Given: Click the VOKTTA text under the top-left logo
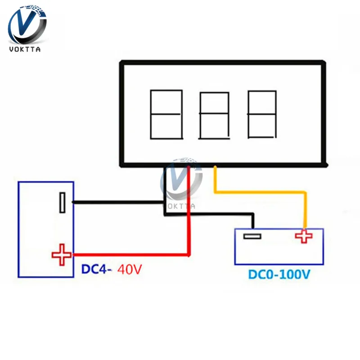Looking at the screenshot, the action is (25, 49).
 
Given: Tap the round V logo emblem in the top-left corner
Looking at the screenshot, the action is (27, 25).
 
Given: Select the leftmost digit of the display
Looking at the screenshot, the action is (166, 114).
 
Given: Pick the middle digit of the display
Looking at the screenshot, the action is (214, 116).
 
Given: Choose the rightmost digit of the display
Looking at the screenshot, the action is (262, 114).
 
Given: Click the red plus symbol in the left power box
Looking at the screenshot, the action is (62, 255).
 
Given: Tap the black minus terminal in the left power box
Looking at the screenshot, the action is (62, 202).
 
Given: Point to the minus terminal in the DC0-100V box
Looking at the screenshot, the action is (252, 236).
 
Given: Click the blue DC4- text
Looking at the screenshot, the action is (96, 269).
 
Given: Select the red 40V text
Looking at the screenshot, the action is (130, 269).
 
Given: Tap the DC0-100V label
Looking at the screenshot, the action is (279, 274).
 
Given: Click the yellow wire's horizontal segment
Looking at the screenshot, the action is (260, 192).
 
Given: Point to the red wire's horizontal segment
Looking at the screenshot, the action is (131, 255).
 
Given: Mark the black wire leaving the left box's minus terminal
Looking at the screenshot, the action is (118, 202).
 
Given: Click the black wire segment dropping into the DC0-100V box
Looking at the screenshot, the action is (252, 221).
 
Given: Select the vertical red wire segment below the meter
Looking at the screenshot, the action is (189, 210).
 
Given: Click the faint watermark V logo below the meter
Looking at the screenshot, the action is (181, 179).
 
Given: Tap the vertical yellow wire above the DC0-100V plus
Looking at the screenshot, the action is (305, 210).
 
